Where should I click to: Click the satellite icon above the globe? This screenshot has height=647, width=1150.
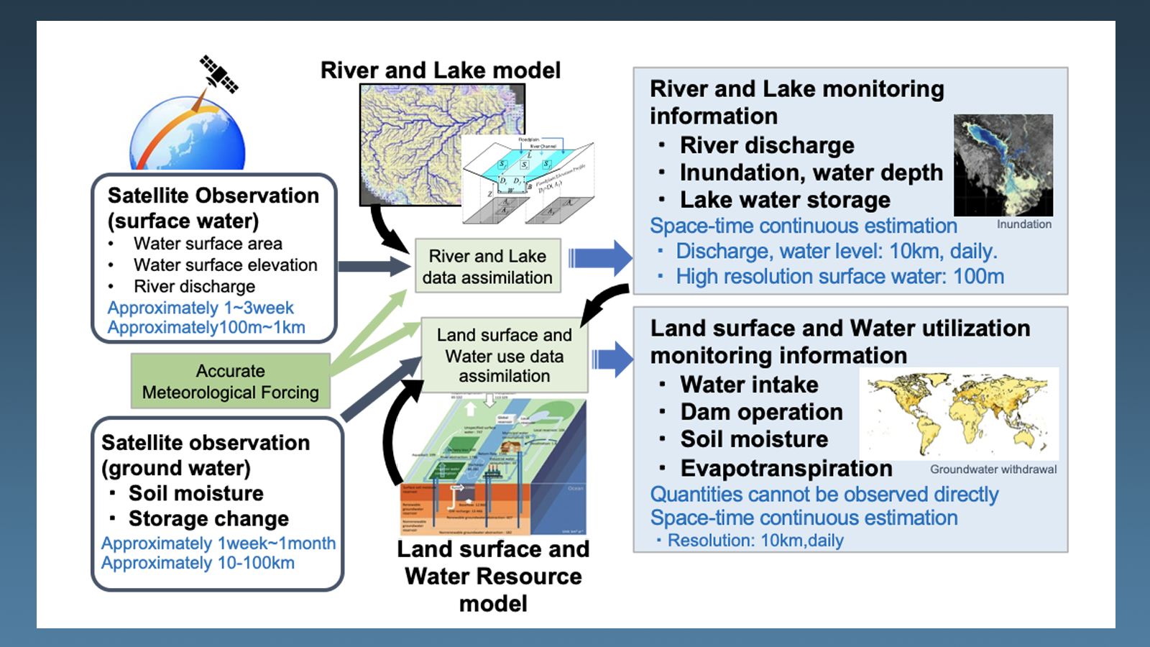pos(218,74)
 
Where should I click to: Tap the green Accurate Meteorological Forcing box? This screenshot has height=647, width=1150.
pos(230,382)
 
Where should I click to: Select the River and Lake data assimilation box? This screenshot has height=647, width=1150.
pos(487,267)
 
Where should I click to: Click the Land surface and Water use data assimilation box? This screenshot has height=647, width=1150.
pos(504,355)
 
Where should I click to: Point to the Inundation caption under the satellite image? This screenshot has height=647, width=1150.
pos(1023,224)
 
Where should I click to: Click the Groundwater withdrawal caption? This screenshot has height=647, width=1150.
pos(993,469)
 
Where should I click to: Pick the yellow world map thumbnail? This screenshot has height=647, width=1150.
pos(958,414)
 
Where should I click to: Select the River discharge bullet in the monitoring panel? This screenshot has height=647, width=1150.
pos(767,145)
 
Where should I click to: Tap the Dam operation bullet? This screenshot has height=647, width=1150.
pos(761,412)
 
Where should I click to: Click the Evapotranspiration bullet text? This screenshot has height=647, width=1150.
pos(786,468)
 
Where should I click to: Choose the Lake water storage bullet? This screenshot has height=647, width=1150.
pos(785,200)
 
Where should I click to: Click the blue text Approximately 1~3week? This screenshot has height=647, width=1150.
pos(201,308)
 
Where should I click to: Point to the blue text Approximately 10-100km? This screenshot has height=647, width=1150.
pos(198,563)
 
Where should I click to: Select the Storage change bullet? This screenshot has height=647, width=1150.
pos(208,518)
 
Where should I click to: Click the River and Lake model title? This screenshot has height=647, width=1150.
pos(440,70)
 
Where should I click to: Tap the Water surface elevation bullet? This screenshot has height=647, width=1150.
pos(225,265)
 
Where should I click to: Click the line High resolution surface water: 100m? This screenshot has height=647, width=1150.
pos(839,277)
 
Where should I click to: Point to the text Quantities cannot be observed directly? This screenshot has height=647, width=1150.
pos(824,495)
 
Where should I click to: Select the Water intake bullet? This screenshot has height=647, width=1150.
pos(749,385)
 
